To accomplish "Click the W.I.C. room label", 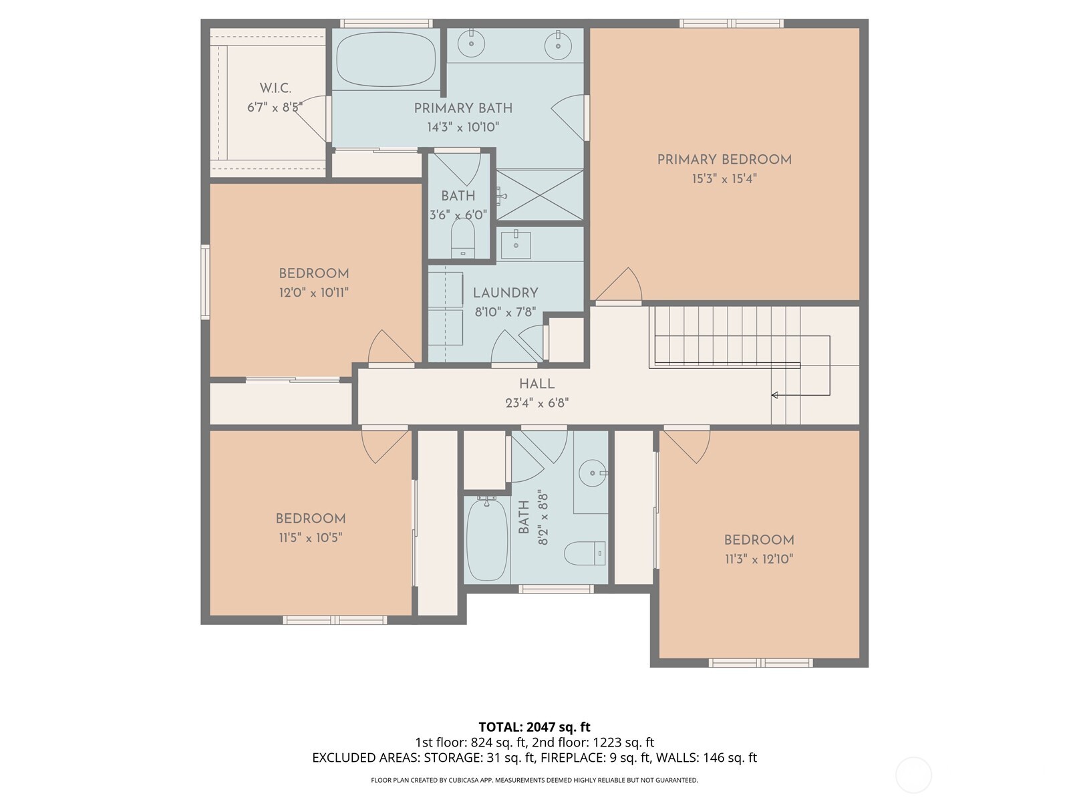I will coord(275,88).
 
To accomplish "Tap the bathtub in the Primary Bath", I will coord(386,59).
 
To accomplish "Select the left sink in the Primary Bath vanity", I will coord(472,44).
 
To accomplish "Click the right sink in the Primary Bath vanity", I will coord(558,46).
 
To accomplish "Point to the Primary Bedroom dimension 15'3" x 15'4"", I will coord(724,179).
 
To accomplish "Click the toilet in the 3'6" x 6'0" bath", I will coord(462,239).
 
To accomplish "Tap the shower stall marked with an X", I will coord(539,194).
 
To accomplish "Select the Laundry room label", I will coord(505,293).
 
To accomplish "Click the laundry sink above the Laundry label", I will coord(515,245).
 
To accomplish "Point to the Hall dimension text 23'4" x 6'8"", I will coord(537,403).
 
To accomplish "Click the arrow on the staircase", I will coord(775,395).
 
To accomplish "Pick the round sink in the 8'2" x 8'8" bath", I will coord(592,473).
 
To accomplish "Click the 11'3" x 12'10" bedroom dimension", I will coord(759,559).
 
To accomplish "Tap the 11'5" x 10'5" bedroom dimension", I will coord(311,537).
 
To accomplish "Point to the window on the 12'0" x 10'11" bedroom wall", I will coord(205,281).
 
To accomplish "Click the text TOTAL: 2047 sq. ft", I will coord(534,726).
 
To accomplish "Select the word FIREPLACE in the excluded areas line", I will coord(573,758).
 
